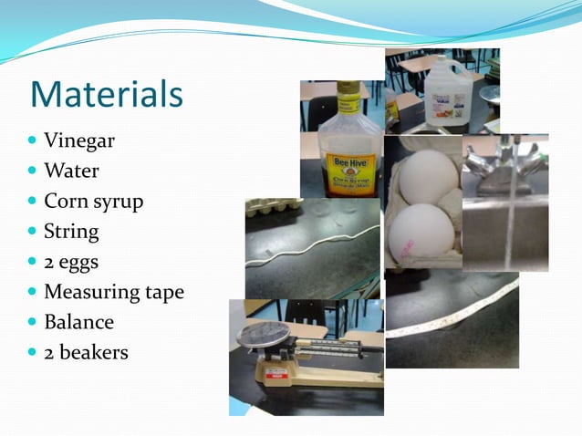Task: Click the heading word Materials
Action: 107,95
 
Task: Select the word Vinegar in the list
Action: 79,141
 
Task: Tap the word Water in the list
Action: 71,171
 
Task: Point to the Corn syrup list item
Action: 94,202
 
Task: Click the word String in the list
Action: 71,231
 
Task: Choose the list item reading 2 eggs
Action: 71,262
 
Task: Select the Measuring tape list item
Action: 114,292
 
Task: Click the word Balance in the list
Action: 78,322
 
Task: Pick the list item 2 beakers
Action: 86,352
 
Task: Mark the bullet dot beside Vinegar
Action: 33,141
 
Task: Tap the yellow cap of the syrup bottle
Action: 348,95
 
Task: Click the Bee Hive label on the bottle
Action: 348,164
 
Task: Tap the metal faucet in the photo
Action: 497,169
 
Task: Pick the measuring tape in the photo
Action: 456,315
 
